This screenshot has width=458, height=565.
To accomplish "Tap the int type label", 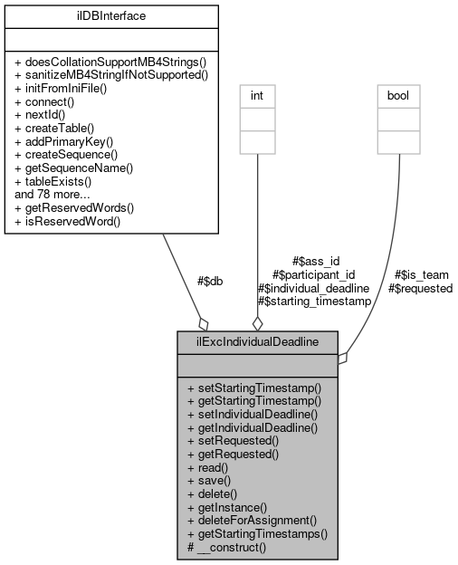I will (x=257, y=93).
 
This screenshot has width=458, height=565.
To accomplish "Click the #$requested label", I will (x=420, y=288).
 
